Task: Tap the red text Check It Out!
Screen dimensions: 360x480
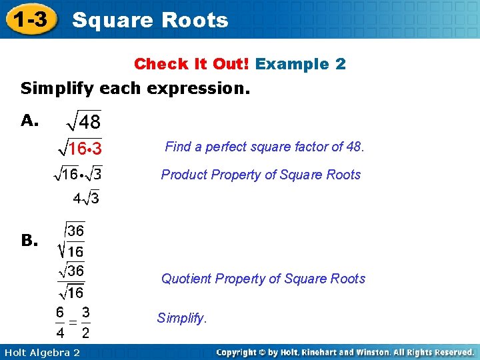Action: (x=191, y=64)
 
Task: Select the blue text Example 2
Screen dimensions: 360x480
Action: (x=301, y=64)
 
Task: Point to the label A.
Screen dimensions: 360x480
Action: (x=29, y=120)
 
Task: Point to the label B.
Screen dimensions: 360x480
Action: (x=29, y=241)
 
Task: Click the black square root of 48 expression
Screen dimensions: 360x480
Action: (x=83, y=122)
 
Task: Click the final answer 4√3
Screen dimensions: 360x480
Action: (x=86, y=198)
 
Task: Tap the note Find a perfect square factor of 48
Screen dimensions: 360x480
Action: (x=265, y=147)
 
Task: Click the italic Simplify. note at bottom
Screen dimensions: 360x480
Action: (x=182, y=318)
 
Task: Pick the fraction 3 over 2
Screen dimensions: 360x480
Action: (x=86, y=321)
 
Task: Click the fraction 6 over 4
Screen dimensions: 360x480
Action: (x=60, y=321)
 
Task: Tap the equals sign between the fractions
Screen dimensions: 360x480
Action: (x=73, y=322)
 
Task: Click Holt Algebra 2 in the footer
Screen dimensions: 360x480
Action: (x=41, y=352)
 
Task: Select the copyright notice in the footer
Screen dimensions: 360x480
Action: (x=345, y=352)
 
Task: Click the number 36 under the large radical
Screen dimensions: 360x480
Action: (x=75, y=231)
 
